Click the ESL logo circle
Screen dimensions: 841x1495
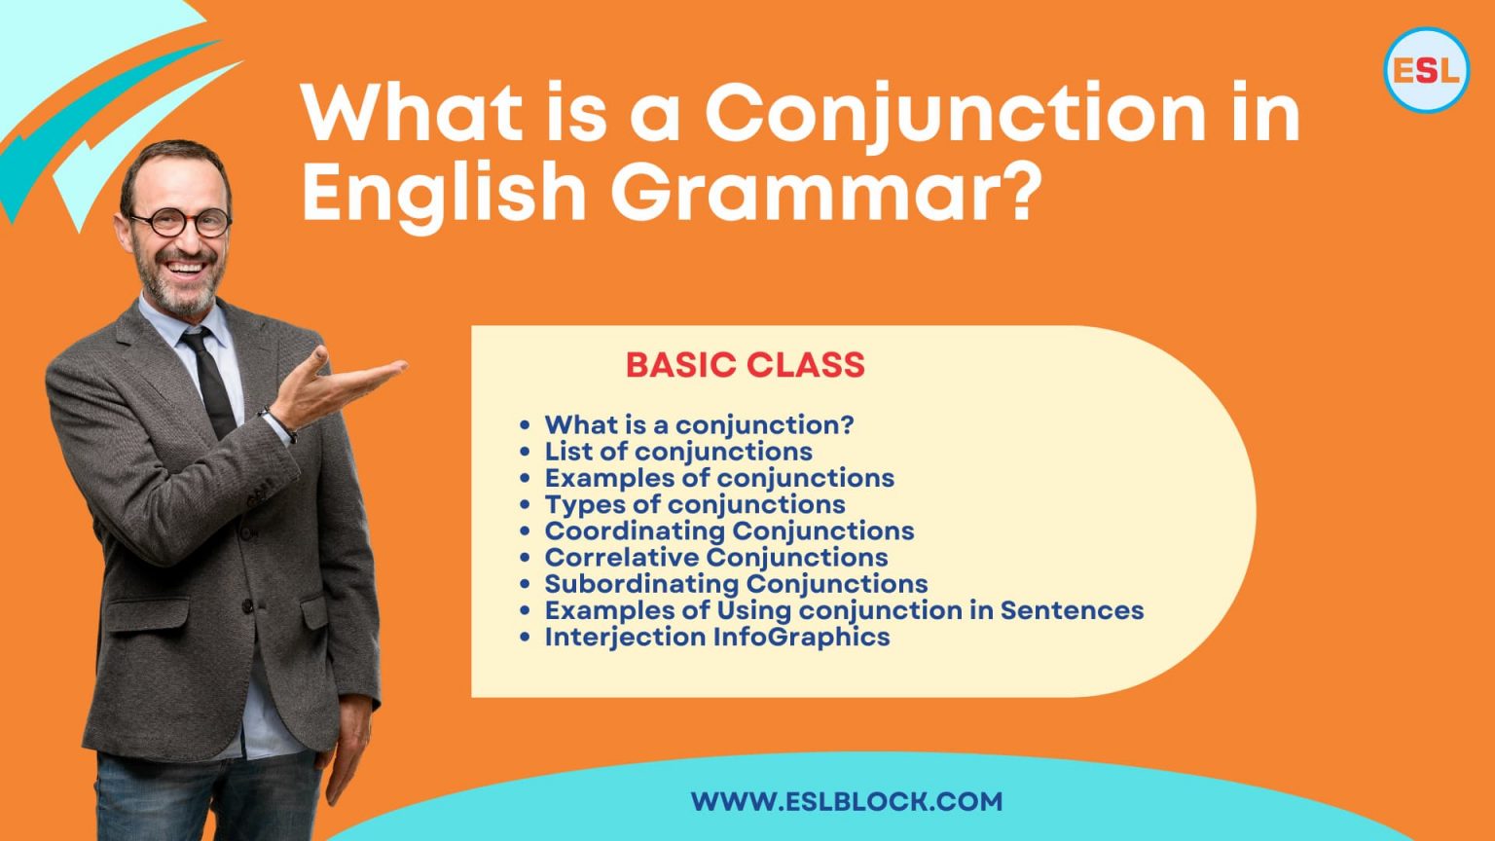[x=1426, y=69]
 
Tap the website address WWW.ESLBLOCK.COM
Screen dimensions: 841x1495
[x=846, y=802]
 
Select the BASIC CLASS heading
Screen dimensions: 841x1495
[x=745, y=365]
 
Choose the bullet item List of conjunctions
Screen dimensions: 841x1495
[x=677, y=452]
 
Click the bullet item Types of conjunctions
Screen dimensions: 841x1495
[x=694, y=504]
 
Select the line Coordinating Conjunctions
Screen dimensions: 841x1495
[x=729, y=530]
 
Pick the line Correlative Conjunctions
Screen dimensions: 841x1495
[x=715, y=558]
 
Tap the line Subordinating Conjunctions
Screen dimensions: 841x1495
[x=736, y=584]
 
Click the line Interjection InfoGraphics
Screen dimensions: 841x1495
[x=716, y=637]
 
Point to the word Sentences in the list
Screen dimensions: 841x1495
[x=1072, y=610]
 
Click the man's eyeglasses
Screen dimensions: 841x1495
[x=181, y=223]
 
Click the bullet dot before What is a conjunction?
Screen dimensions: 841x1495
[x=526, y=425]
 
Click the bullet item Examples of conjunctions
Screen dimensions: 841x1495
[x=718, y=478]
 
